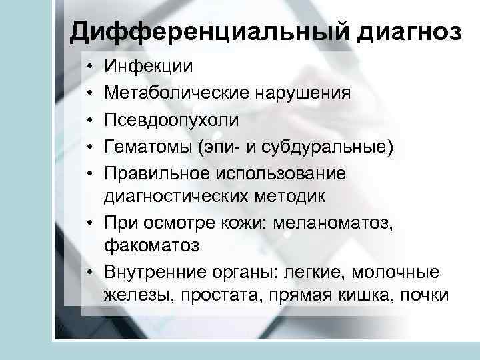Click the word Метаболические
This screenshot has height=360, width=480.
tap(175, 93)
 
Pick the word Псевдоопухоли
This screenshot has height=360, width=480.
tap(171, 119)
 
